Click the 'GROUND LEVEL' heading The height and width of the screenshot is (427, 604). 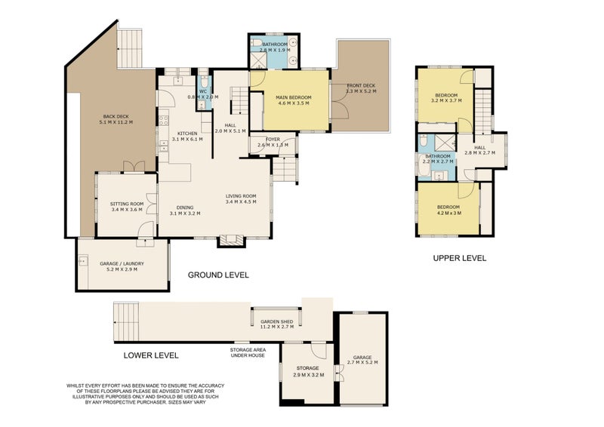coord(218,275)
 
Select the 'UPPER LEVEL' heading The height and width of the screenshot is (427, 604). coord(459,258)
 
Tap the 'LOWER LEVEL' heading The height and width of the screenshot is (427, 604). coord(150,354)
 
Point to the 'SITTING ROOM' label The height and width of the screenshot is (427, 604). coord(126,204)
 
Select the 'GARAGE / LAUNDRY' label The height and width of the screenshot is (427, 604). coord(122,264)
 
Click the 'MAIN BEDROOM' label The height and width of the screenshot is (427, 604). coord(294,97)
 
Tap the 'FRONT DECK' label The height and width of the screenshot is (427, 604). coord(361,85)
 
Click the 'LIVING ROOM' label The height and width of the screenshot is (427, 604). coord(242,197)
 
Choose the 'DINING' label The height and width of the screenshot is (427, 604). coord(186,207)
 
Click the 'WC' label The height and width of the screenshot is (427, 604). coord(203,91)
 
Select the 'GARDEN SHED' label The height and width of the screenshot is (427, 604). coord(276,321)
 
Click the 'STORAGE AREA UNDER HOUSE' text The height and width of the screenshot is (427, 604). coord(248,353)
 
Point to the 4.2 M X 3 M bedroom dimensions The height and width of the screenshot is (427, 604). coord(448,212)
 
